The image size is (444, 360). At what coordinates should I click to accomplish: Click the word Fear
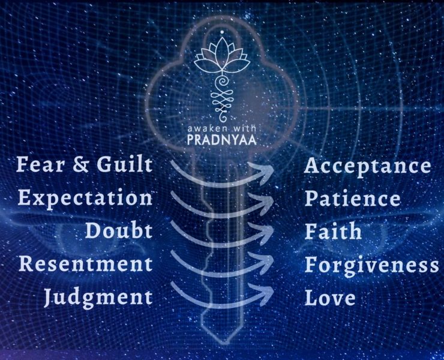[x=40, y=164]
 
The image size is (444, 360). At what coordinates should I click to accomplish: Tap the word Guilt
[x=124, y=164]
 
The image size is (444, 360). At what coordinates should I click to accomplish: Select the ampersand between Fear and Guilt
[x=80, y=165]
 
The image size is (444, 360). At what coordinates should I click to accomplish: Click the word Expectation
[x=85, y=199]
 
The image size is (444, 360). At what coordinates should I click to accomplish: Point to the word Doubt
[x=119, y=230]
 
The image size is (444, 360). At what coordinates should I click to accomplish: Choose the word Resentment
[x=86, y=263]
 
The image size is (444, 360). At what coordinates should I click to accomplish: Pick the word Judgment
[x=98, y=298]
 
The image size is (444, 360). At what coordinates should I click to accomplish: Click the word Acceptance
[x=368, y=167]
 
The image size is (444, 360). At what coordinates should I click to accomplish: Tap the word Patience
[x=353, y=199]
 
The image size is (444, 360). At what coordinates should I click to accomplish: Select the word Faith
[x=333, y=231]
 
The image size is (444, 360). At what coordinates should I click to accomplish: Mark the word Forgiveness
[x=371, y=265]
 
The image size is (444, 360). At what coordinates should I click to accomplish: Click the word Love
[x=330, y=298]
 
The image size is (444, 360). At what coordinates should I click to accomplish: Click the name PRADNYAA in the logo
[x=222, y=140]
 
